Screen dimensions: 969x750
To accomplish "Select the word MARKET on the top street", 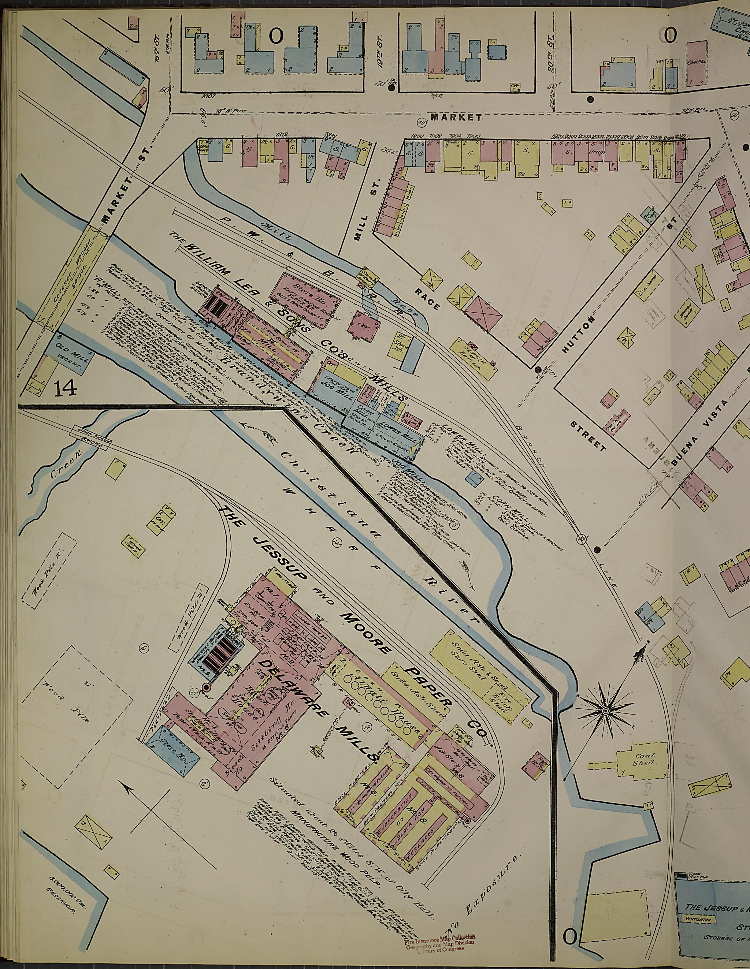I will coord(456,118).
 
